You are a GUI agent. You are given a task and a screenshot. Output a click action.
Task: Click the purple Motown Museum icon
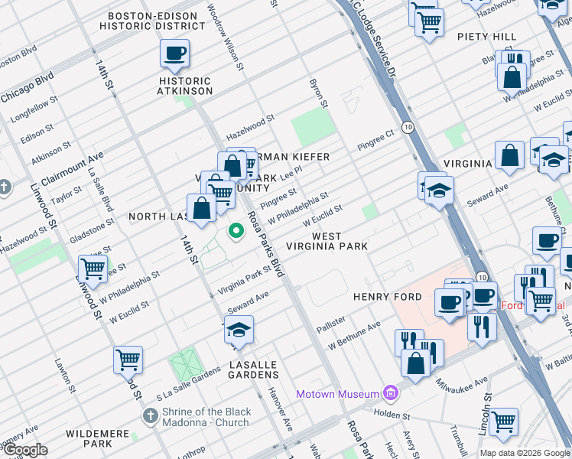(x=392, y=394)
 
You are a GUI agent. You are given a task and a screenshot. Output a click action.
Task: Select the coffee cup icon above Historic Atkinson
(x=174, y=54)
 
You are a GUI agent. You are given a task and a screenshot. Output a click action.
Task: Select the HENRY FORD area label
(x=387, y=297)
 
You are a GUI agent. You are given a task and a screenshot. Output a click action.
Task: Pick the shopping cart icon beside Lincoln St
(x=503, y=421)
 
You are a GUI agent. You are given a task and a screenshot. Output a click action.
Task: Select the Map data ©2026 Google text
(x=524, y=453)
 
